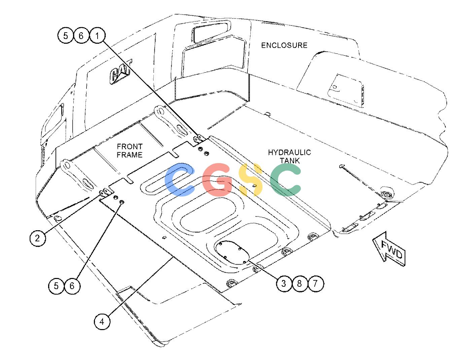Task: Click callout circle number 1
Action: [97, 36]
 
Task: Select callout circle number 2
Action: [38, 238]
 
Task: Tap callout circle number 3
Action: [284, 284]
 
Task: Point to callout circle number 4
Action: [102, 322]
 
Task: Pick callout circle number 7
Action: [315, 284]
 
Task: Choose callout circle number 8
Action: [299, 284]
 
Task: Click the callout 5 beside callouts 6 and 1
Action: [66, 36]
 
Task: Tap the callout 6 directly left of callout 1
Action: [81, 36]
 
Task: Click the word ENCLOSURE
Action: [284, 45]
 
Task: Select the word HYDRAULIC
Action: [289, 152]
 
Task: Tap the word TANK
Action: [290, 161]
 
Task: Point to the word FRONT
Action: [130, 147]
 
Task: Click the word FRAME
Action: [130, 155]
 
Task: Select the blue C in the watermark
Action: [179, 180]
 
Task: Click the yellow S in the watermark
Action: [251, 180]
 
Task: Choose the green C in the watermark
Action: [285, 180]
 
